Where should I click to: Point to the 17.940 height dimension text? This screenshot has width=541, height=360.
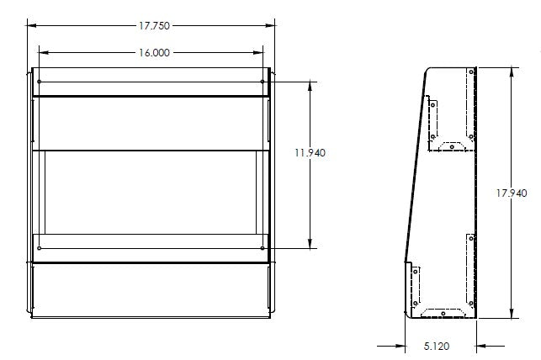[512, 193]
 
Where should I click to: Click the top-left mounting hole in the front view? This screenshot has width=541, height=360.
[39, 82]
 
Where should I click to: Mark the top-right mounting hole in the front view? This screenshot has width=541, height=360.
[263, 82]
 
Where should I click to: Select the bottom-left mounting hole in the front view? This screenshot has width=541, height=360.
[39, 248]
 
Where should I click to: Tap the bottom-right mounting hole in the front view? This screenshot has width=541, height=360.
[263, 248]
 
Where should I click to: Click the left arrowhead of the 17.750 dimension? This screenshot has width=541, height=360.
[31, 24]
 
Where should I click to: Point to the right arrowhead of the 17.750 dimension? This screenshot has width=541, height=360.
[271, 24]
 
